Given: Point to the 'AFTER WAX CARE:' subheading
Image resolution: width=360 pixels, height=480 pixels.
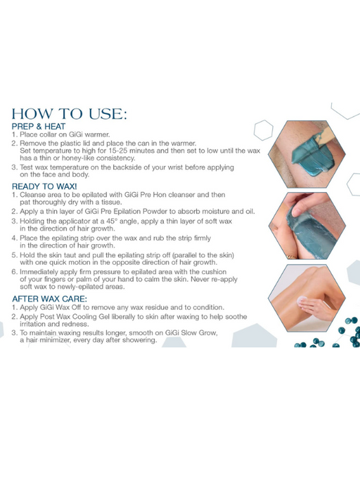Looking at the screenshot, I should click(50, 299).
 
